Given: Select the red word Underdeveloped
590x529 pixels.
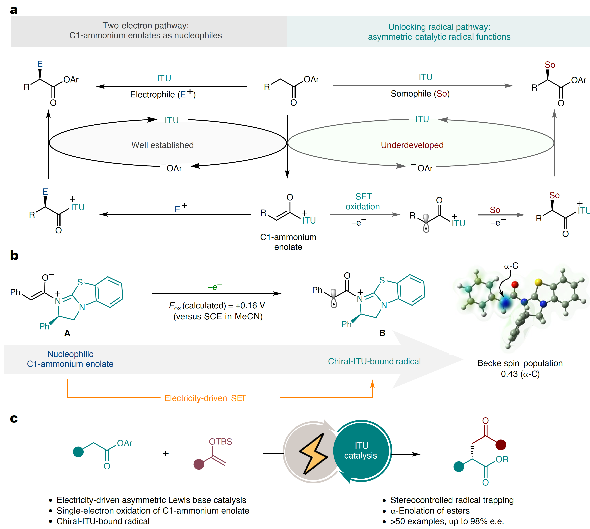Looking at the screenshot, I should pyautogui.click(x=412, y=145).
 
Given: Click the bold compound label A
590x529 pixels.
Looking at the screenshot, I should pyautogui.click(x=67, y=333).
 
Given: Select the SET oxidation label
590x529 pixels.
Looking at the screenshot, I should pyautogui.click(x=363, y=201).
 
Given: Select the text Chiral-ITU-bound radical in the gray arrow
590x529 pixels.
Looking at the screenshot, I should pyautogui.click(x=374, y=361).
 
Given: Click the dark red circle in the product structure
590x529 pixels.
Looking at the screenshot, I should pyautogui.click(x=501, y=444).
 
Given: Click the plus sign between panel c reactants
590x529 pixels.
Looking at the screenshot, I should pyautogui.click(x=166, y=453).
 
